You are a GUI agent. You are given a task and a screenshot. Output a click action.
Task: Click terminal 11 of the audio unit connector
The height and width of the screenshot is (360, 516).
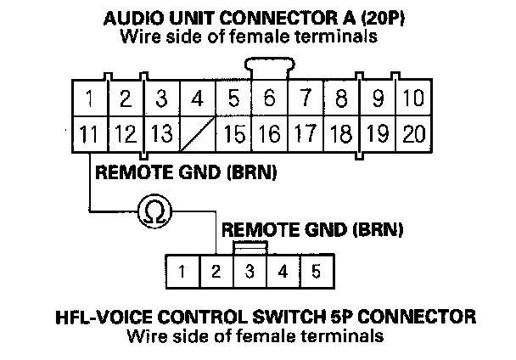88,133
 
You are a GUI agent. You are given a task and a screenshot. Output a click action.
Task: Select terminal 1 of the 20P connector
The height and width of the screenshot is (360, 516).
88,99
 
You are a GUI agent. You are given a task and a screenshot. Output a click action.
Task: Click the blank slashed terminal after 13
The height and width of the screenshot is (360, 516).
197,133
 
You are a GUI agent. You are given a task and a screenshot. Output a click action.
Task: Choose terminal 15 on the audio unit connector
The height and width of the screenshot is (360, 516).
233,133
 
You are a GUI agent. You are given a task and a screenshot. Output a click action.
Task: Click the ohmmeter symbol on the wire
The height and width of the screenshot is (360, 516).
156,210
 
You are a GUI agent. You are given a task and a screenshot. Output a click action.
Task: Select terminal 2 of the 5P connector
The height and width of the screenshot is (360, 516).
216,273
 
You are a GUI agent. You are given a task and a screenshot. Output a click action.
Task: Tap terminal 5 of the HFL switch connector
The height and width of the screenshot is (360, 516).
315,273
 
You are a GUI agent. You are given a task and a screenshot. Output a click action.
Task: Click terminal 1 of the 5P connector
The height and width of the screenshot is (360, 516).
182,273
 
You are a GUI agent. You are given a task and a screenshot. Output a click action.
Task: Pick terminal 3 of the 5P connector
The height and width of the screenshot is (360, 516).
250,273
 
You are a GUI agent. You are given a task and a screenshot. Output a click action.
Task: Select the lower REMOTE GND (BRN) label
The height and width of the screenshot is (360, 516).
311,229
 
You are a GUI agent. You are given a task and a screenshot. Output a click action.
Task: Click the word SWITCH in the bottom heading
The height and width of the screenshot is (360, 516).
321,318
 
